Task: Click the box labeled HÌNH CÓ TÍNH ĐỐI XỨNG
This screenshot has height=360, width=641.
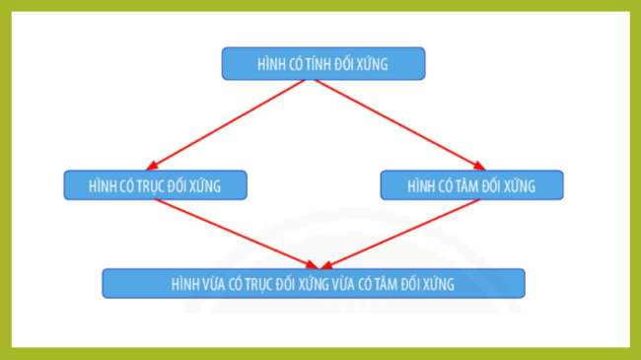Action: pyautogui.click(x=323, y=64)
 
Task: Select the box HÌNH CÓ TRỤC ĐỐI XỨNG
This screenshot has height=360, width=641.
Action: pyautogui.click(x=156, y=185)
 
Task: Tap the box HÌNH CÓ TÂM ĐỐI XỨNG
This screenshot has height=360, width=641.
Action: pyautogui.click(x=471, y=185)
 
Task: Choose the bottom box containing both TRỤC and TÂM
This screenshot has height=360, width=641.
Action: pyautogui.click(x=314, y=283)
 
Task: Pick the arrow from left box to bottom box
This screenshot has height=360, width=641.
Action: pyautogui.click(x=237, y=233)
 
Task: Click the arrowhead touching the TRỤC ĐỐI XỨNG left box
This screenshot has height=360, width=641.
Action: pyautogui.click(x=156, y=167)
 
